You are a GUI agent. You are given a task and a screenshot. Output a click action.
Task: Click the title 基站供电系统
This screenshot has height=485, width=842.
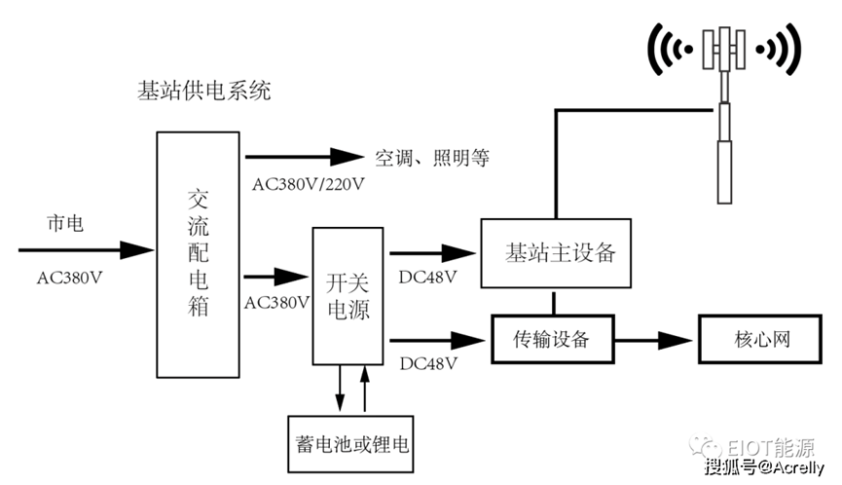(204, 93)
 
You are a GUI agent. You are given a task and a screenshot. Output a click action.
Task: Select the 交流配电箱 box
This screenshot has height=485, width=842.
(198, 254)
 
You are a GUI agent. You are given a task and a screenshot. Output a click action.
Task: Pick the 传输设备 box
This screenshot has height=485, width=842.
(553, 339)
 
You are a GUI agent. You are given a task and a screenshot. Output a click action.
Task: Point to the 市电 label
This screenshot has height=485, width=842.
(65, 224)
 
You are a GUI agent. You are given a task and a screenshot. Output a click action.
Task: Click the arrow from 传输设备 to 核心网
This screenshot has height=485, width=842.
(654, 340)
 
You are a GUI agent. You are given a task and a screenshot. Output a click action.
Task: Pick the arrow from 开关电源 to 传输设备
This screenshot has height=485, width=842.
(436, 340)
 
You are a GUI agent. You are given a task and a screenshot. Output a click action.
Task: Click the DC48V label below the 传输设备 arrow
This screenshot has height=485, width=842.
(428, 363)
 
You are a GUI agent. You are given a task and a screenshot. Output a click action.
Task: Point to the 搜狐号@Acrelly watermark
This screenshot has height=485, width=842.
(764, 466)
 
